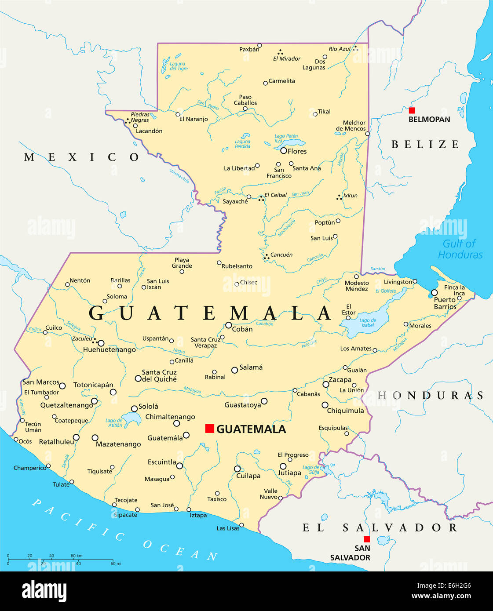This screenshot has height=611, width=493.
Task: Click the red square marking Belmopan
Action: click(x=412, y=110)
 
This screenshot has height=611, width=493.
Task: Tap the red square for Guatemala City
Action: click(x=210, y=428)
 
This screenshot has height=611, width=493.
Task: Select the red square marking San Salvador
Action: click(x=367, y=539)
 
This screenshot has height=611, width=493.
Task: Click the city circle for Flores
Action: click(x=284, y=151)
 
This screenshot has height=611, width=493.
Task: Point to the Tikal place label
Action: click(x=324, y=112)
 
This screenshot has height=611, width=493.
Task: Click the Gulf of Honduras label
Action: click(x=460, y=249)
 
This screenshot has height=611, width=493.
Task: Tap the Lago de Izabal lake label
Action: click(x=367, y=323)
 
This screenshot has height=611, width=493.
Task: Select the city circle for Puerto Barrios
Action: click(x=435, y=293)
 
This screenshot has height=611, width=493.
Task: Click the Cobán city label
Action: click(x=242, y=329)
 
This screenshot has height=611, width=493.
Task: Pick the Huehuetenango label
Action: click(x=110, y=350)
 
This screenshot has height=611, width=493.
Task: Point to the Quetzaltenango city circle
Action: click(x=94, y=401)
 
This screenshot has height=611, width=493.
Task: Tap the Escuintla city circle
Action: click(x=179, y=466)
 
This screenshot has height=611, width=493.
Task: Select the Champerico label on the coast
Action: click(x=29, y=468)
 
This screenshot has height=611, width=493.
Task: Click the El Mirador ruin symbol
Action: click(x=280, y=52)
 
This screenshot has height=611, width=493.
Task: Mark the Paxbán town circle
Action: click(x=259, y=45)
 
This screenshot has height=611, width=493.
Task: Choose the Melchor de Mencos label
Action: click(x=351, y=126)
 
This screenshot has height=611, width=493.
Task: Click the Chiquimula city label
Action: click(x=345, y=411)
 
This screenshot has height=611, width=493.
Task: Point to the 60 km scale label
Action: click(x=76, y=556)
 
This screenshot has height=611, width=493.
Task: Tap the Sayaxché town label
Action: click(x=235, y=201)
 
